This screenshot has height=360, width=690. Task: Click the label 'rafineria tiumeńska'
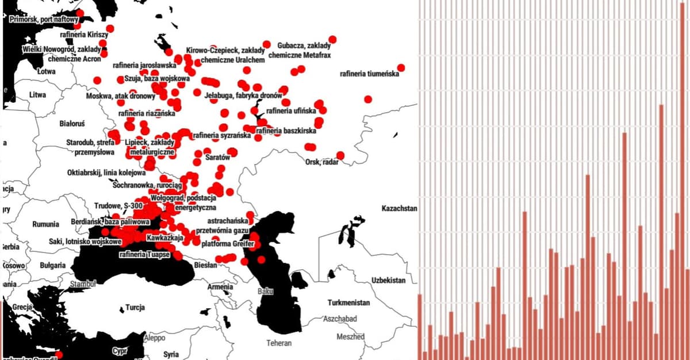[369, 74]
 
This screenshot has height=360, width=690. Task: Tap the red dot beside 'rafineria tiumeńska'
[401, 68]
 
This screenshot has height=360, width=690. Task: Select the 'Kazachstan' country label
[399, 208]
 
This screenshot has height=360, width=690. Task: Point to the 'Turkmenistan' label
[348, 302]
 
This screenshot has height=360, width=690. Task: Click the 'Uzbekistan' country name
[388, 280]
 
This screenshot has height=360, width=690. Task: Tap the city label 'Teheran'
[279, 343]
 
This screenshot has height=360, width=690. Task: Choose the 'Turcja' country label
[135, 307]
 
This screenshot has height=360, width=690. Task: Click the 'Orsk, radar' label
[322, 162]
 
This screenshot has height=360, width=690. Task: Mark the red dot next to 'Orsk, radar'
[340, 155]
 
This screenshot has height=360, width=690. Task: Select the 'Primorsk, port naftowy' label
[44, 20]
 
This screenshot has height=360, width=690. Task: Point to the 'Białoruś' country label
[72, 123]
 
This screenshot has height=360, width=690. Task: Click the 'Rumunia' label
[45, 224]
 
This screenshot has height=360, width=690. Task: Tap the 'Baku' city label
[266, 292]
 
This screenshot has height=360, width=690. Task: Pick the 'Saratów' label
[218, 156]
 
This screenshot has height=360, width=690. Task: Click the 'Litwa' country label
[37, 94]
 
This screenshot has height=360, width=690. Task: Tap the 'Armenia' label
[220, 286]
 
